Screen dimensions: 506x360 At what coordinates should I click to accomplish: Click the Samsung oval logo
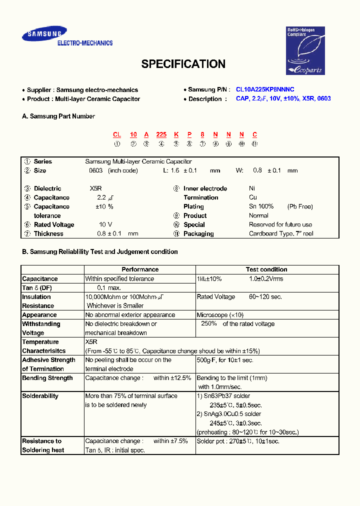(x=44, y=34)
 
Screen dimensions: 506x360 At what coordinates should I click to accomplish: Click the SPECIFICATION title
(x=183, y=64)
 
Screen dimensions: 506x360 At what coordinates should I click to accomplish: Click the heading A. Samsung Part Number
(x=58, y=116)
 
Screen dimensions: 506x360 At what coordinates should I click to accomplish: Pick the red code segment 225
(x=161, y=134)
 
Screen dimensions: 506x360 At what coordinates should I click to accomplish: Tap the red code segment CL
(x=117, y=134)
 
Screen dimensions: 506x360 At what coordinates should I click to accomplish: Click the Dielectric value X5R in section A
(x=95, y=188)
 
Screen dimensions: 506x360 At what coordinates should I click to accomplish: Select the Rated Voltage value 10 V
(x=105, y=224)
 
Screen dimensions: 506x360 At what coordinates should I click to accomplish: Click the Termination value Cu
(x=253, y=197)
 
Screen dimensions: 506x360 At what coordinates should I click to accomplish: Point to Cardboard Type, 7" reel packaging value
(x=281, y=233)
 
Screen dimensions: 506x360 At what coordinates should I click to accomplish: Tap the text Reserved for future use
(x=280, y=224)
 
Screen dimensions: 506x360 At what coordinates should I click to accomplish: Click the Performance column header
(x=140, y=269)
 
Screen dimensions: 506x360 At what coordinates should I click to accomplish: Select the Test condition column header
(x=266, y=269)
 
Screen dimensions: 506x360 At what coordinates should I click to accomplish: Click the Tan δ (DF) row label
(x=37, y=288)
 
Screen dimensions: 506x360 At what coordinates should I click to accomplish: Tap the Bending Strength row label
(x=47, y=378)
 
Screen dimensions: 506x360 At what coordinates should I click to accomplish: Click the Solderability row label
(x=40, y=396)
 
